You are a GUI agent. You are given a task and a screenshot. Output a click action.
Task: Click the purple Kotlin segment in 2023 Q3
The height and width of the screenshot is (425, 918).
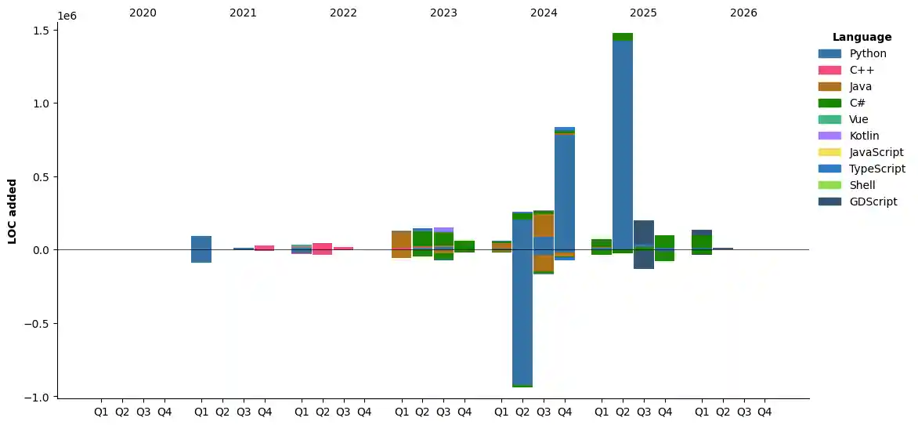pos(443,230)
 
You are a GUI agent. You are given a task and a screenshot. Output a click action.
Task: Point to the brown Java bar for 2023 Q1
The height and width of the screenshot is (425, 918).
pos(402,240)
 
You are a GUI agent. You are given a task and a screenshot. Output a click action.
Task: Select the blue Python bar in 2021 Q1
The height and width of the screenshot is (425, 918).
pos(201,243)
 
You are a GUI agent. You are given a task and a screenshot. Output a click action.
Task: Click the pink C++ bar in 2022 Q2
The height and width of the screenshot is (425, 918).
pos(322,246)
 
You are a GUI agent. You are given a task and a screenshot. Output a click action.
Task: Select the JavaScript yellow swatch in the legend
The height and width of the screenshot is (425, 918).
pos(829,152)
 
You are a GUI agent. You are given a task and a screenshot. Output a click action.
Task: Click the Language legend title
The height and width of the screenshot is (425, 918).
pos(862,37)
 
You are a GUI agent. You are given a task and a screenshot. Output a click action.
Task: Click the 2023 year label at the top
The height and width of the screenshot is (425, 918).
pos(443,13)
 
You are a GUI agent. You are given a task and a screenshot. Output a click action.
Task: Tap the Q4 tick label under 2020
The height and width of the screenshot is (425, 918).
pos(164,411)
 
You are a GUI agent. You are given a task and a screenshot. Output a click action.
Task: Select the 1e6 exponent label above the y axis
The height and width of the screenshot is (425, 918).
pos(67,15)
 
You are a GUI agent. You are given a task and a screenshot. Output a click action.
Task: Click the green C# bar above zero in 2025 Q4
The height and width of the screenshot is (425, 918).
pos(664,242)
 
